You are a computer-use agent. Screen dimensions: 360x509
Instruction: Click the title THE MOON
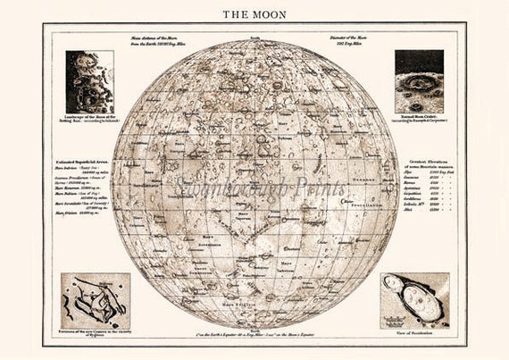pyautogui.click(x=254, y=14)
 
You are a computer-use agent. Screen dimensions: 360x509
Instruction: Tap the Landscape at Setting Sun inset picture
pyautogui.click(x=89, y=81)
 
